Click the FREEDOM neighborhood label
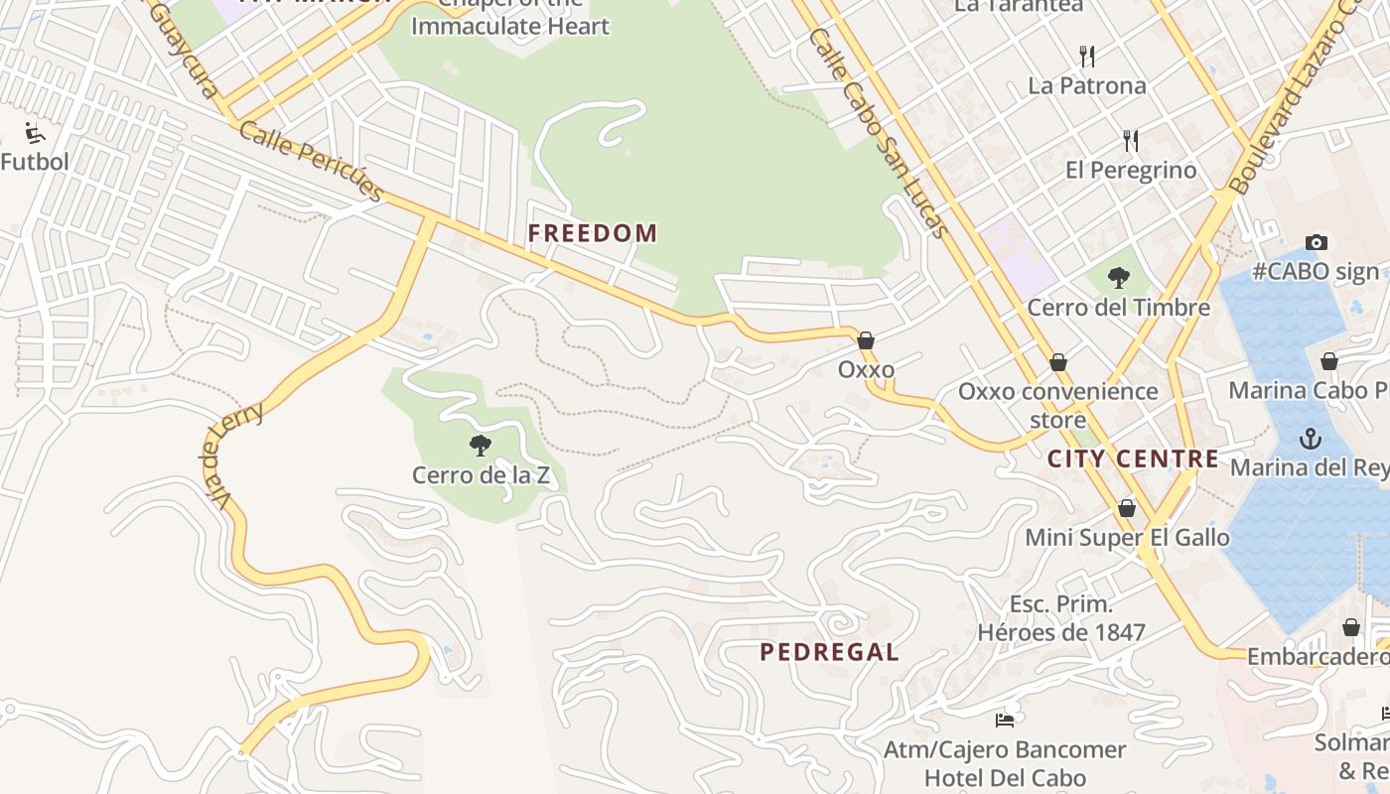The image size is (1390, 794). (592, 233)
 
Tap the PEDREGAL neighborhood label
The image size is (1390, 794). (830, 652)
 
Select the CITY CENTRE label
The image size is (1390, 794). (1133, 459)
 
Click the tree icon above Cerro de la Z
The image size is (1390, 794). (481, 446)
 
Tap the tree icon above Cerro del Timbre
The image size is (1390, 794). (1118, 278)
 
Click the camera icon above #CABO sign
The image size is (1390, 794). (1317, 242)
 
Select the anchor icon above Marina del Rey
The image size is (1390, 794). (1311, 438)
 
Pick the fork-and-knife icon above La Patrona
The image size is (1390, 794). (1087, 56)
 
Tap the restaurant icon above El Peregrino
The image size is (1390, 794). (1130, 140)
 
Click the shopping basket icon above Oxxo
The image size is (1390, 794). (866, 340)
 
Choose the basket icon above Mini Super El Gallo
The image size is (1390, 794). (1127, 508)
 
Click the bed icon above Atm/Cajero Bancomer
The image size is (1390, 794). (1005, 720)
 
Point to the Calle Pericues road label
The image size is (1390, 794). (311, 162)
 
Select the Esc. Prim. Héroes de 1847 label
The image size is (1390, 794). (1061, 618)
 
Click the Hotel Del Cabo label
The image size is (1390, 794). (1005, 777)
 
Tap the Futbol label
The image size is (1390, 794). (35, 162)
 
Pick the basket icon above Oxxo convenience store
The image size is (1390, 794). (1058, 361)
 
